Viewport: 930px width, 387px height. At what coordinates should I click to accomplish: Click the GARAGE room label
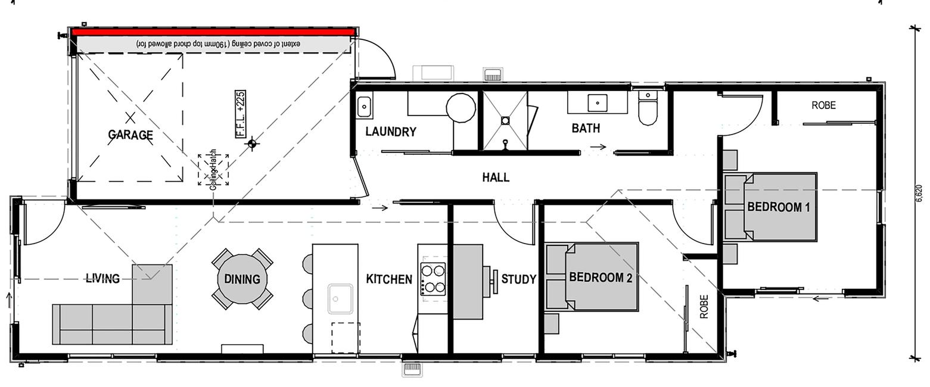[x=130, y=135]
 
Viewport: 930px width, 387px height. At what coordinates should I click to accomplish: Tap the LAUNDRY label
[x=391, y=132]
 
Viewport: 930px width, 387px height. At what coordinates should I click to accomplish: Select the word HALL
[x=496, y=177]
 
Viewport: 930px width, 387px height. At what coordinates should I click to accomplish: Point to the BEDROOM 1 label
[x=779, y=207]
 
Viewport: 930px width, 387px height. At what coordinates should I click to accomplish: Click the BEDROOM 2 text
[x=601, y=277]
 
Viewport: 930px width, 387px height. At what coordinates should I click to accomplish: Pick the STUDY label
[x=518, y=279]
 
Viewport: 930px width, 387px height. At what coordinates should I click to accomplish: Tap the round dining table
[x=242, y=279]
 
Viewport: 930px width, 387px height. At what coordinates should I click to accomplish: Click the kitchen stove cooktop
[x=433, y=279]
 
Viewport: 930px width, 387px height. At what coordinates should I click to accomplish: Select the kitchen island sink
[x=340, y=299]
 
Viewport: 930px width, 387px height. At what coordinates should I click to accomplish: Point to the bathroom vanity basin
[x=598, y=103]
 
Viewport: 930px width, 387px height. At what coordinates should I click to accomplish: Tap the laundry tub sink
[x=365, y=106]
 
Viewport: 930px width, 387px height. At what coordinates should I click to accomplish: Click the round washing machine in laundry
[x=461, y=108]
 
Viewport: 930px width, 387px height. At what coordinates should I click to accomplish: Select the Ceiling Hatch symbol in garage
[x=213, y=170]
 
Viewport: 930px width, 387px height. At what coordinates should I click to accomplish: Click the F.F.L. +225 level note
[x=240, y=114]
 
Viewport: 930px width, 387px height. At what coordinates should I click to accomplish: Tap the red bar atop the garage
[x=213, y=32]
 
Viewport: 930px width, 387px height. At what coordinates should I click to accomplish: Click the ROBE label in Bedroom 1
[x=824, y=105]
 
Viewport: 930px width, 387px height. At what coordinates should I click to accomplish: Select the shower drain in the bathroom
[x=505, y=121]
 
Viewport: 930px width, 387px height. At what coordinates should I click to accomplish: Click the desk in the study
[x=468, y=282]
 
